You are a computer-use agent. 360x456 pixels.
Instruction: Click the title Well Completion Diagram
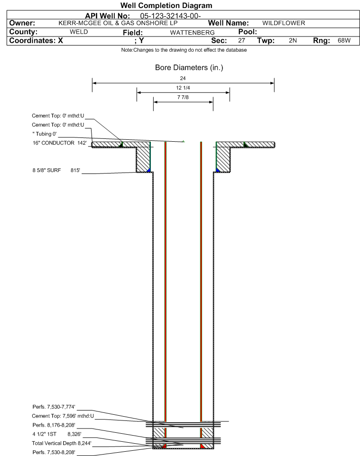point(166,6)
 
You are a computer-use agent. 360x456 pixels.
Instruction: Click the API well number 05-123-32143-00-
point(171,16)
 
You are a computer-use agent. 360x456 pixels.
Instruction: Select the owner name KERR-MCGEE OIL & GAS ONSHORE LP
point(118,23)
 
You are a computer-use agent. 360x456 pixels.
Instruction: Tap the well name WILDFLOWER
point(284,23)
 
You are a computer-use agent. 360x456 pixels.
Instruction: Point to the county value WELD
point(79,32)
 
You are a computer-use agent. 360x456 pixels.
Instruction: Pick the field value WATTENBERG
point(193,33)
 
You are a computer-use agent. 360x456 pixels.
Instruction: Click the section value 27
point(241,41)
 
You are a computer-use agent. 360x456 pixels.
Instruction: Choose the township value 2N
point(293,41)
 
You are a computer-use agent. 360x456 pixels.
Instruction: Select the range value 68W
point(344,41)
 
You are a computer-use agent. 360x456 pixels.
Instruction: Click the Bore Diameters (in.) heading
point(189,68)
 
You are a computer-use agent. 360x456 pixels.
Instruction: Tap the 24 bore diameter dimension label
point(183,78)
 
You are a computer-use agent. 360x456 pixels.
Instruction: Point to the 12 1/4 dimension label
point(183,88)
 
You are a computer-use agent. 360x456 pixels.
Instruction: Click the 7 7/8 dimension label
point(183,98)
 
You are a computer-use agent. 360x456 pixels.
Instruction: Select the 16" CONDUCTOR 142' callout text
point(60,143)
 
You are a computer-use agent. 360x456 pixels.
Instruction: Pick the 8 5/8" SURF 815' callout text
point(56,171)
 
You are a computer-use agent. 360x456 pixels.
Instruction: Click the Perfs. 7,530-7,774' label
point(54,407)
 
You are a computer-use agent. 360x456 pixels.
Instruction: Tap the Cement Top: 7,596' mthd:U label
point(63,416)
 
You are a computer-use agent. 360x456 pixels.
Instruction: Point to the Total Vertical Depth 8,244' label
point(62,444)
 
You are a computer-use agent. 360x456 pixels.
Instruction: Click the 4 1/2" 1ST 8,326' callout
point(57,434)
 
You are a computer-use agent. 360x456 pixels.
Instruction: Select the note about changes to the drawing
point(184,50)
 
